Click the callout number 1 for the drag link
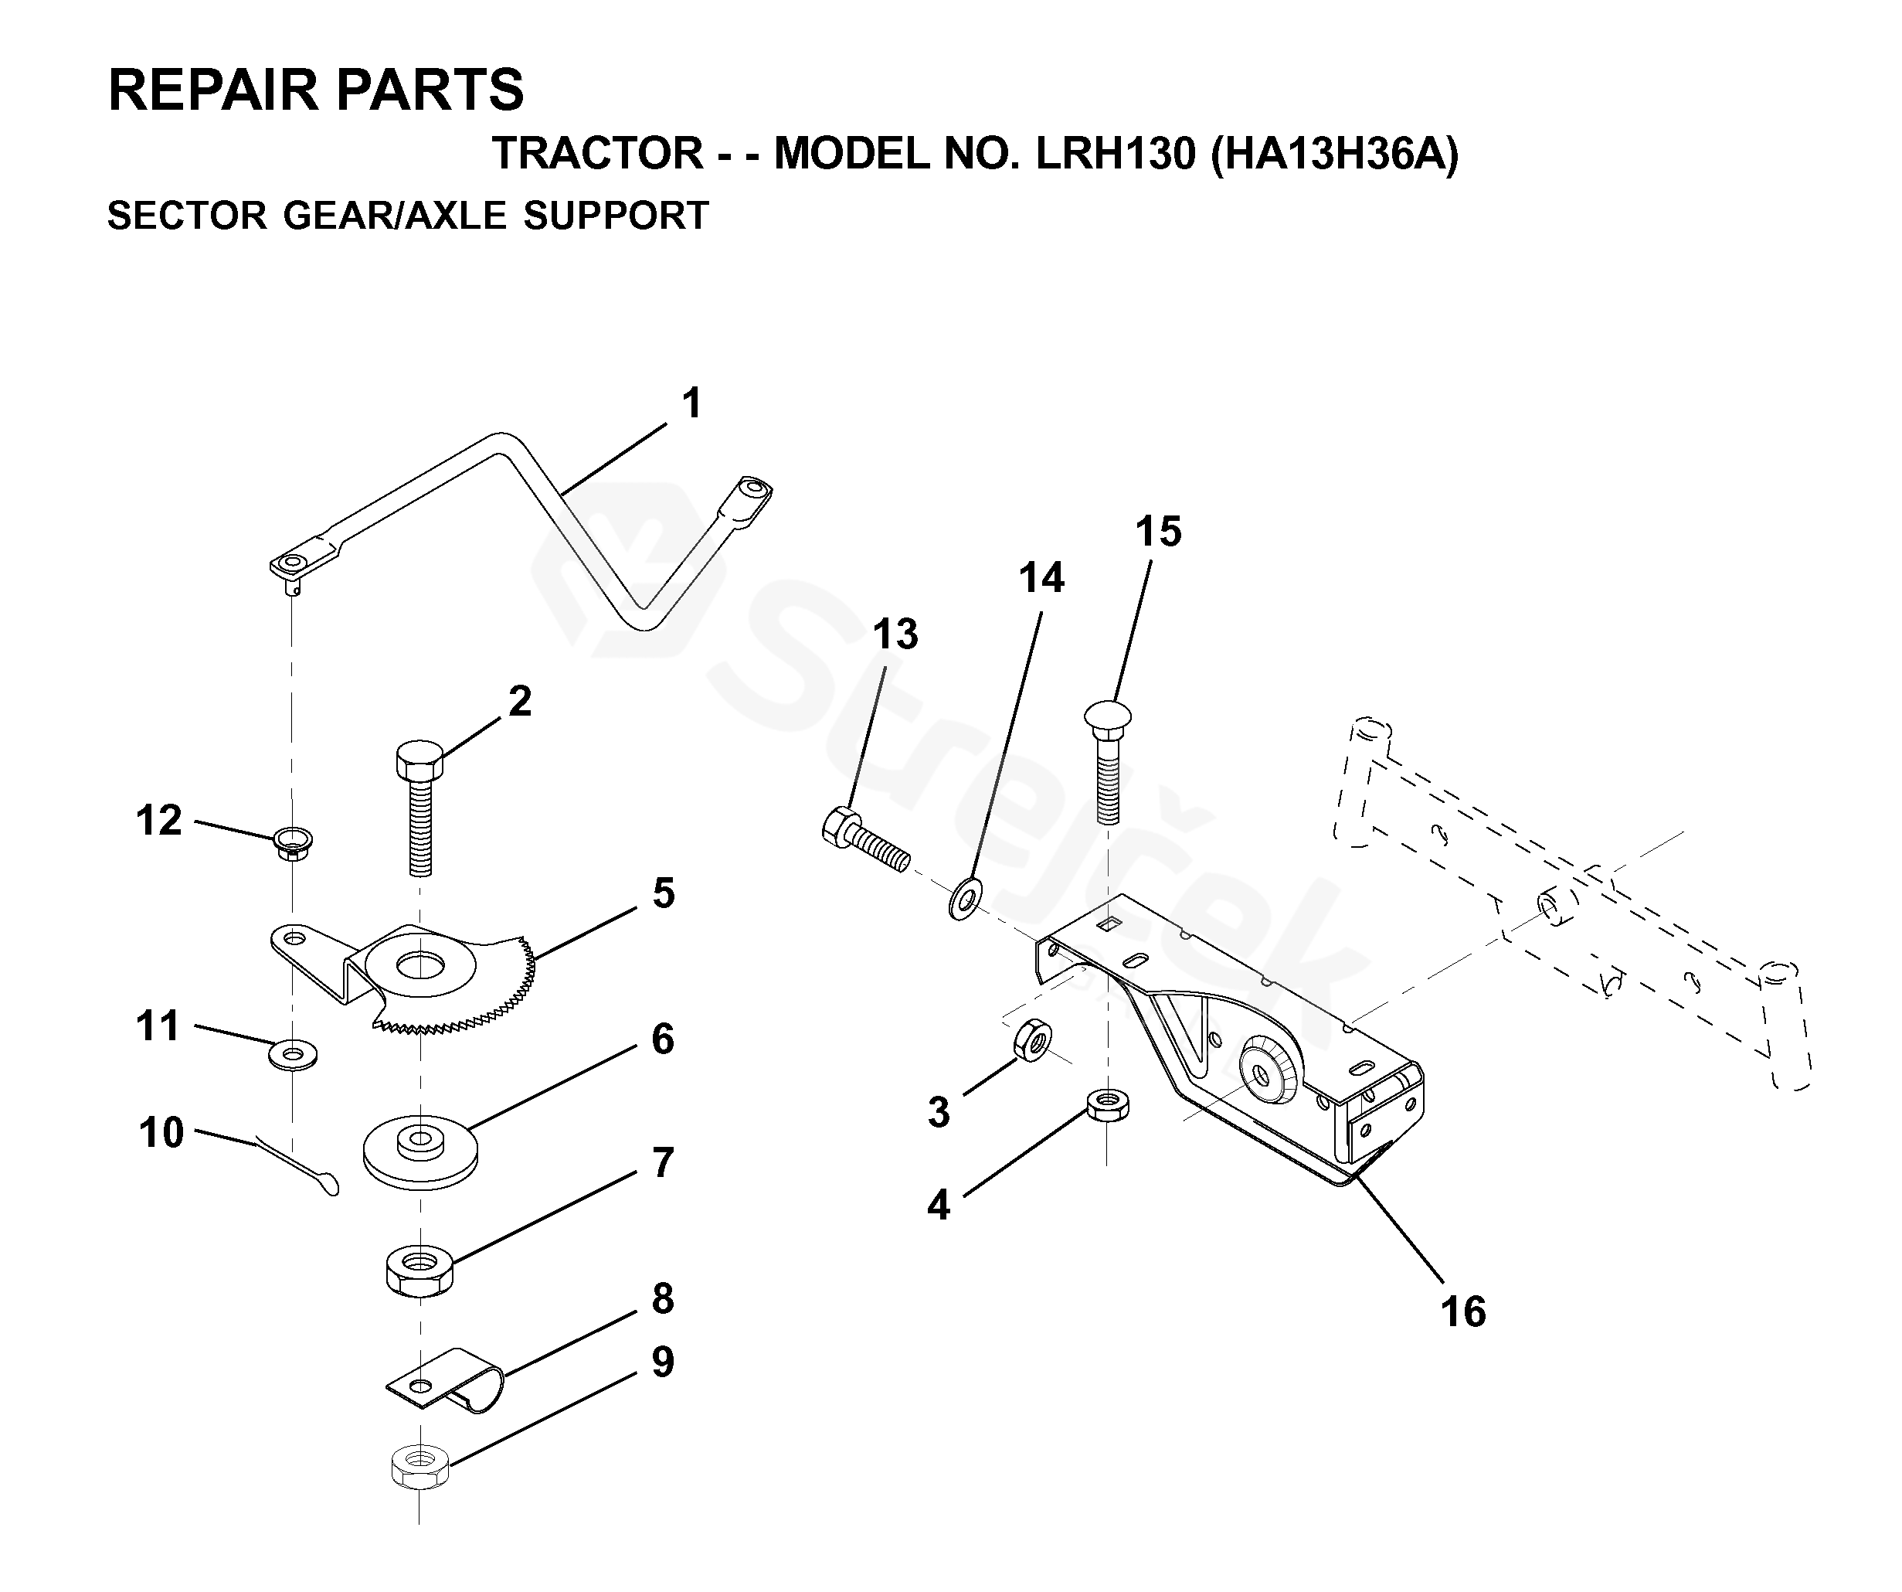(692, 404)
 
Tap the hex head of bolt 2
(419, 760)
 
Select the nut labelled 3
(1031, 1039)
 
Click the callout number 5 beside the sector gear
(664, 893)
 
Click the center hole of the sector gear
(419, 963)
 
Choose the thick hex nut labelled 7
(419, 1271)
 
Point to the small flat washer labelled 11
(293, 1055)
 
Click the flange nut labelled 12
(293, 842)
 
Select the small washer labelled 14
(965, 898)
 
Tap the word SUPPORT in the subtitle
(616, 216)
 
